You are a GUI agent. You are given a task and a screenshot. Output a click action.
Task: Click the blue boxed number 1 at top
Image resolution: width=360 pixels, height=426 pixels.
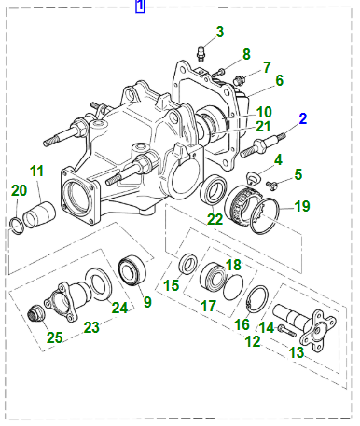point(140,7)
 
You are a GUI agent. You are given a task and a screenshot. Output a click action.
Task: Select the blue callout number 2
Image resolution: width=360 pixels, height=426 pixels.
point(303,119)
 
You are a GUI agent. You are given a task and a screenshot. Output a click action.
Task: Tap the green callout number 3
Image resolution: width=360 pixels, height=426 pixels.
point(220,32)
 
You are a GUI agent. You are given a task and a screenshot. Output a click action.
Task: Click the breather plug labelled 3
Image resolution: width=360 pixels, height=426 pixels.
point(201,53)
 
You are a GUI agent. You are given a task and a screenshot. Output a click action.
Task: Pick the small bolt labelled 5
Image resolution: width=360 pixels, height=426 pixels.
point(272,186)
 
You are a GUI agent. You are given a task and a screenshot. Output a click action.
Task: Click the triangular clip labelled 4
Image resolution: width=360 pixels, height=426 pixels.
point(253,178)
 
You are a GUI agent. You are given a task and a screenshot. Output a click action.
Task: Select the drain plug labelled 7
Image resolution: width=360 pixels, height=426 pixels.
point(240,80)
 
